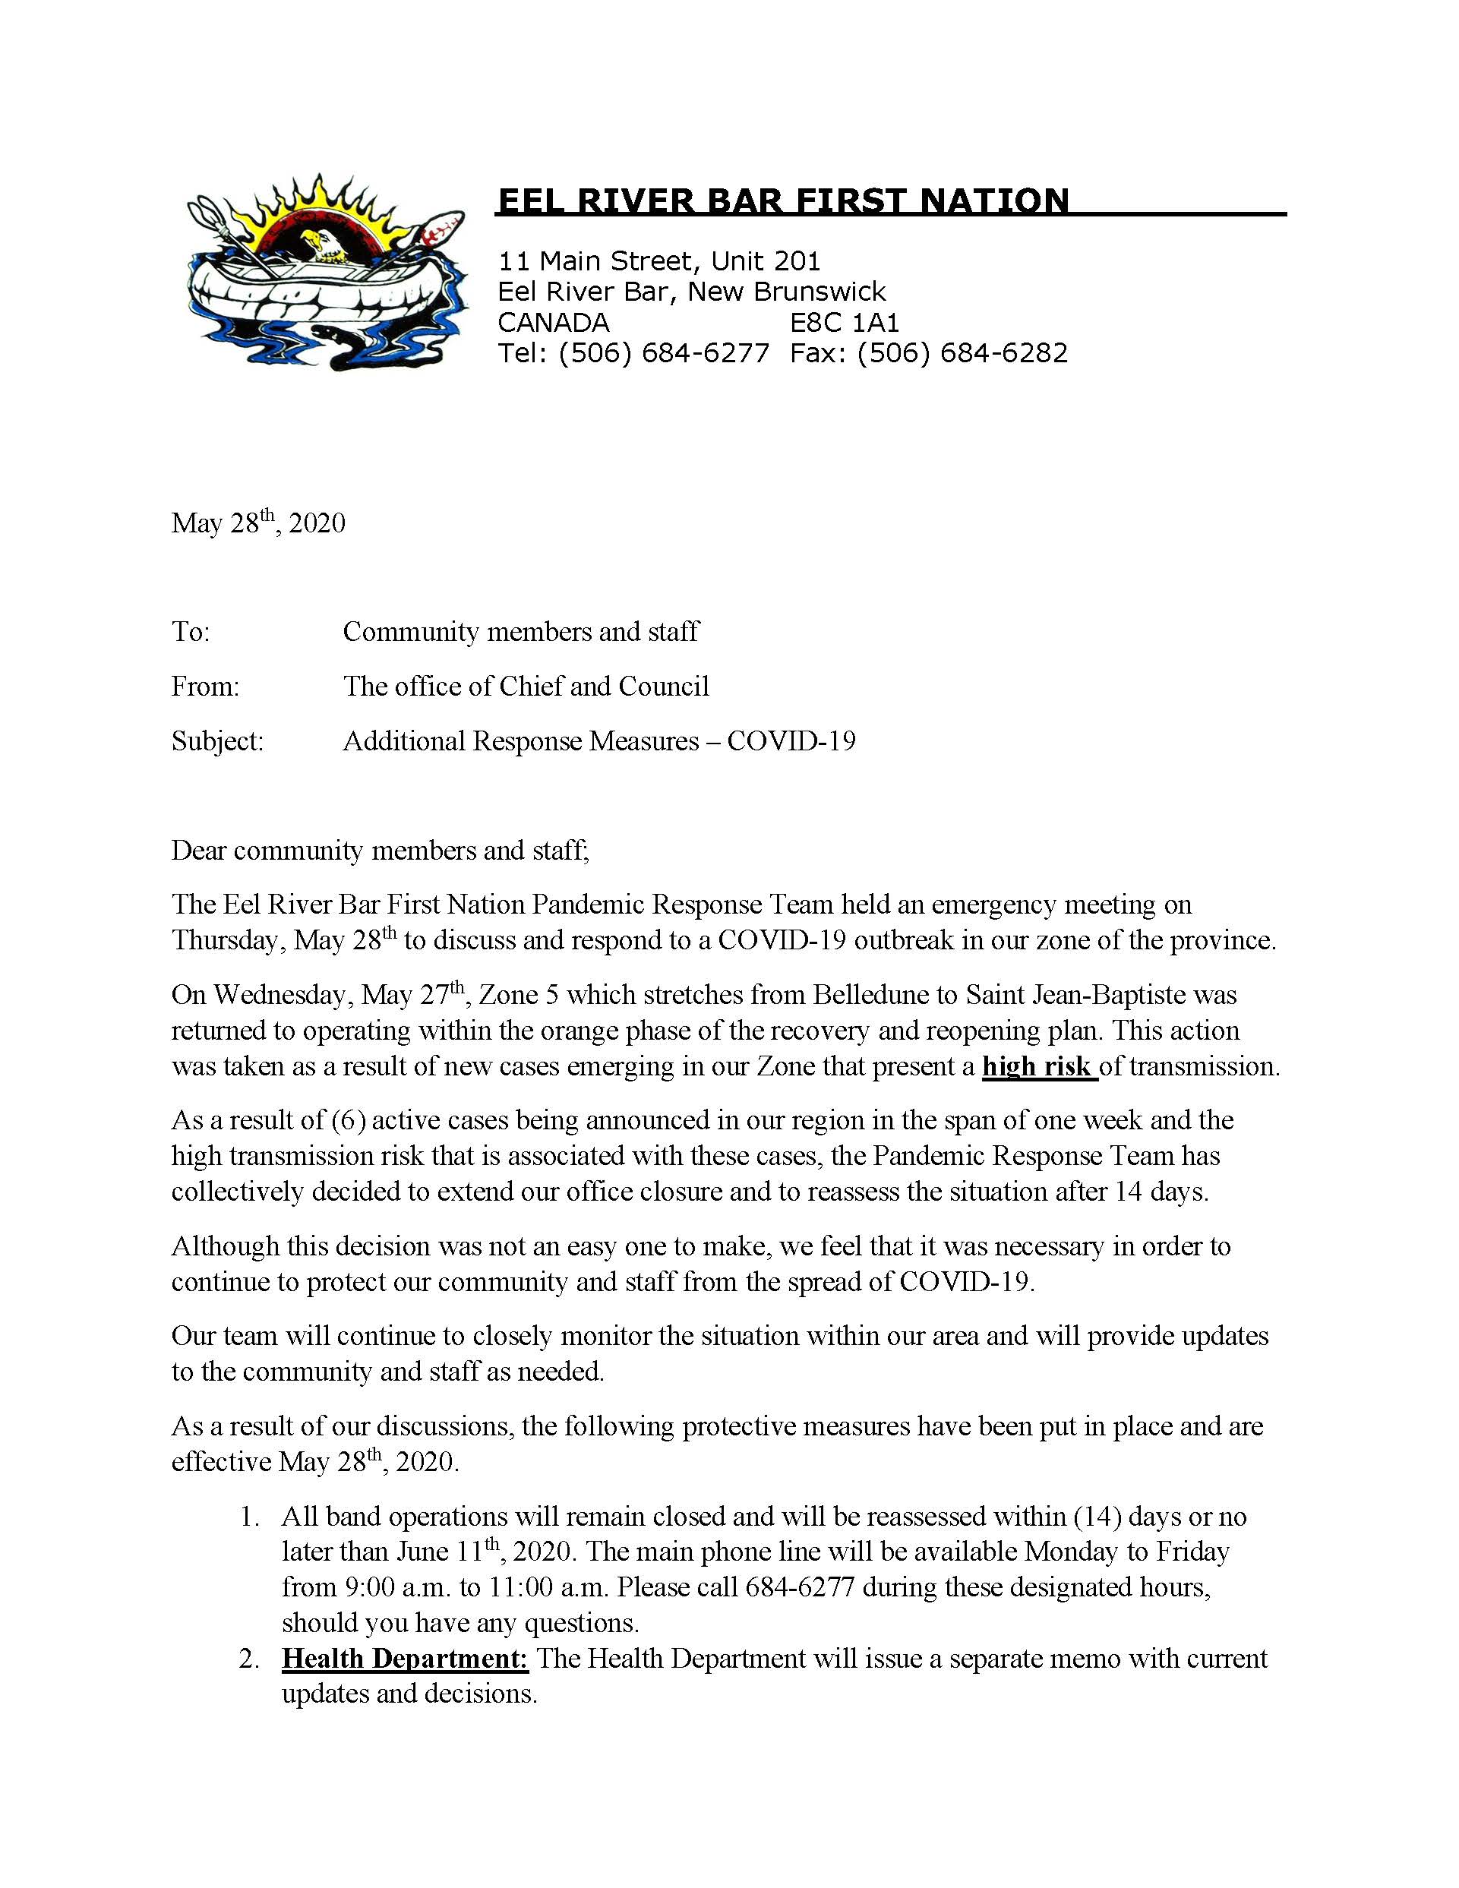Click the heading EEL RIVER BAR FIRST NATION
[783, 201]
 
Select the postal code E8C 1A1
[845, 323]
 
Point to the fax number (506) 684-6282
[962, 352]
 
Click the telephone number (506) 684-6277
[664, 352]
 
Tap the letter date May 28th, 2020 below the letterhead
[257, 523]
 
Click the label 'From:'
[205, 687]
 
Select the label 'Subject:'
[217, 741]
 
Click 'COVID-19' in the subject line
[791, 741]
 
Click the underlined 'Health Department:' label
[405, 1659]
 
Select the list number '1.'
[250, 1517]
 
